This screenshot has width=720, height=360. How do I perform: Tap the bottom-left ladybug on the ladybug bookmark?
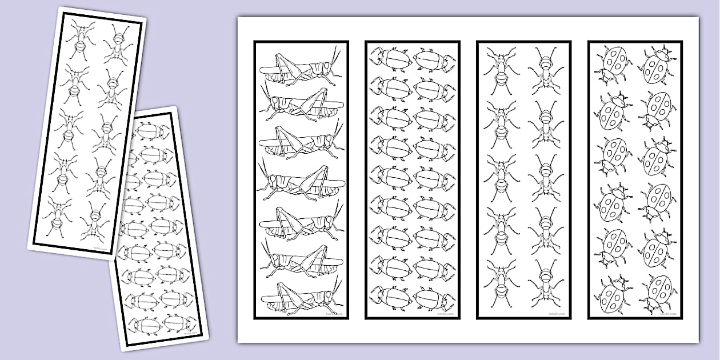coord(613,295)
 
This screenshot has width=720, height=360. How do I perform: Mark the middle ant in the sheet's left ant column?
coord(501,171)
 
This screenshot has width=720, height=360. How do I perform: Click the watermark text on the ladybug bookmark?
coord(666,313)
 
